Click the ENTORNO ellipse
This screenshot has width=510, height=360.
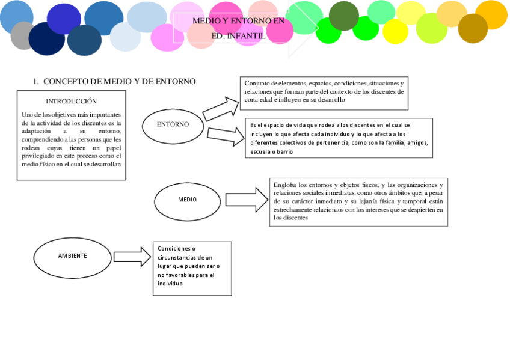pyautogui.click(x=173, y=124)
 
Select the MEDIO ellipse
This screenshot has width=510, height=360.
pyautogui.click(x=186, y=200)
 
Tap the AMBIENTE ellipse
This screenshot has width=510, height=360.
pyautogui.click(x=72, y=256)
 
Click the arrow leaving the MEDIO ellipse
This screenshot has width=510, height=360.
pyautogui.click(x=248, y=198)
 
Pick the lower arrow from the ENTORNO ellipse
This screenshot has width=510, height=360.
pyautogui.click(x=226, y=136)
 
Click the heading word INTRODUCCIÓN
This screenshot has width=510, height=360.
pyautogui.click(x=71, y=101)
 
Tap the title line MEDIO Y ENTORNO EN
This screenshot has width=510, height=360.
pyautogui.click(x=238, y=21)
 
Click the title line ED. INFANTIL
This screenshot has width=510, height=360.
pyautogui.click(x=238, y=36)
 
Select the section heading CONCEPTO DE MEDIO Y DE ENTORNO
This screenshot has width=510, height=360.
pyautogui.click(x=120, y=81)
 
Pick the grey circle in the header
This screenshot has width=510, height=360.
pyautogui.click(x=23, y=35)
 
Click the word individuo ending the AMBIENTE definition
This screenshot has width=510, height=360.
pyautogui.click(x=170, y=284)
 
